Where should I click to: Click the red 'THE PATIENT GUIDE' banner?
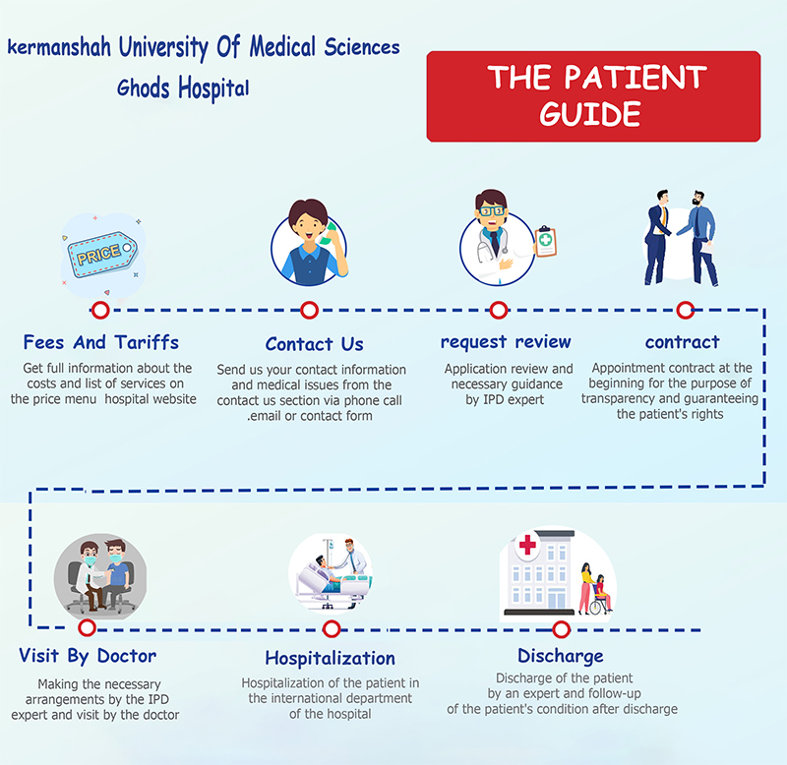point(593,95)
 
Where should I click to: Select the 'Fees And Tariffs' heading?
point(101,342)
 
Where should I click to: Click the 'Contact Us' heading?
point(314,344)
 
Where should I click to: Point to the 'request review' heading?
point(506,342)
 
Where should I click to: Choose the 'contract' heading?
point(682,342)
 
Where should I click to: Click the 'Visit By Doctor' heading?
point(88,656)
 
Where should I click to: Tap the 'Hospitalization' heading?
point(330,658)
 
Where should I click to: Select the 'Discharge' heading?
point(561,656)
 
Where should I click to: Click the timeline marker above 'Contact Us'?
point(309,311)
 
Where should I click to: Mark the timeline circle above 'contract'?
point(685,311)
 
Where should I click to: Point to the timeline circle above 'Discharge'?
point(561,628)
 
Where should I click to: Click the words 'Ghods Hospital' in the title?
point(183,88)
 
